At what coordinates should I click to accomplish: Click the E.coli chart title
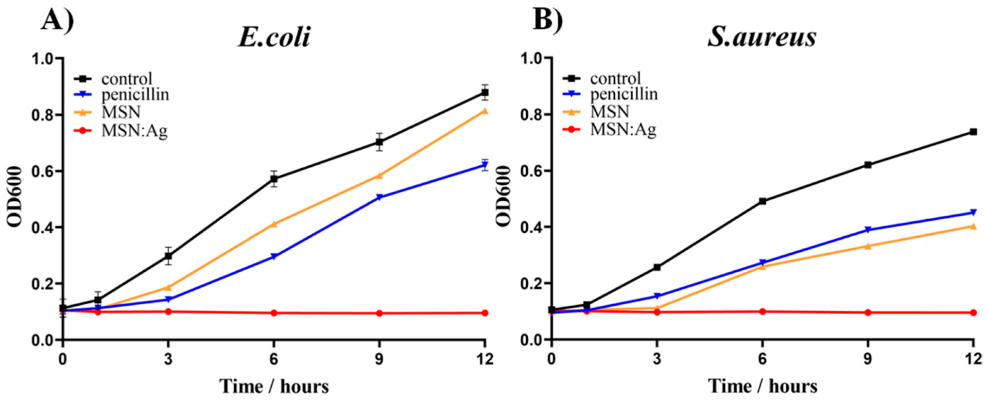pos(274,37)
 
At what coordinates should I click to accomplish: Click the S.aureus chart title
pos(761,37)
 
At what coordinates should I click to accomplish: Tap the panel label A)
pos(57,20)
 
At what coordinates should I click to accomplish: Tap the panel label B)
pos(547,20)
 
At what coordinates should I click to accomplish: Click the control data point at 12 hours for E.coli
pos(484,92)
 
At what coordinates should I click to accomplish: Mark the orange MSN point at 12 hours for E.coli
pos(484,111)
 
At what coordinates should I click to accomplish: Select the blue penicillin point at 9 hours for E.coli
pos(379,198)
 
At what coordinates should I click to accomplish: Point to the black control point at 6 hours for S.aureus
pos(762,201)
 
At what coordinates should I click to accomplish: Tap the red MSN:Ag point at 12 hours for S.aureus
pos(973,313)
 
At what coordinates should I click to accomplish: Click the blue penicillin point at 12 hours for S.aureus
pos(973,212)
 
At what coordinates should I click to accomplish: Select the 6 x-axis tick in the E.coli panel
pos(274,359)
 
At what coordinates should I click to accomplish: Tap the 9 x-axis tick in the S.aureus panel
pos(867,359)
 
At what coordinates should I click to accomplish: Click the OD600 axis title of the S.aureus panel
pos(504,196)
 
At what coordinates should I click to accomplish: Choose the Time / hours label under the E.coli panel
pos(274,386)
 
